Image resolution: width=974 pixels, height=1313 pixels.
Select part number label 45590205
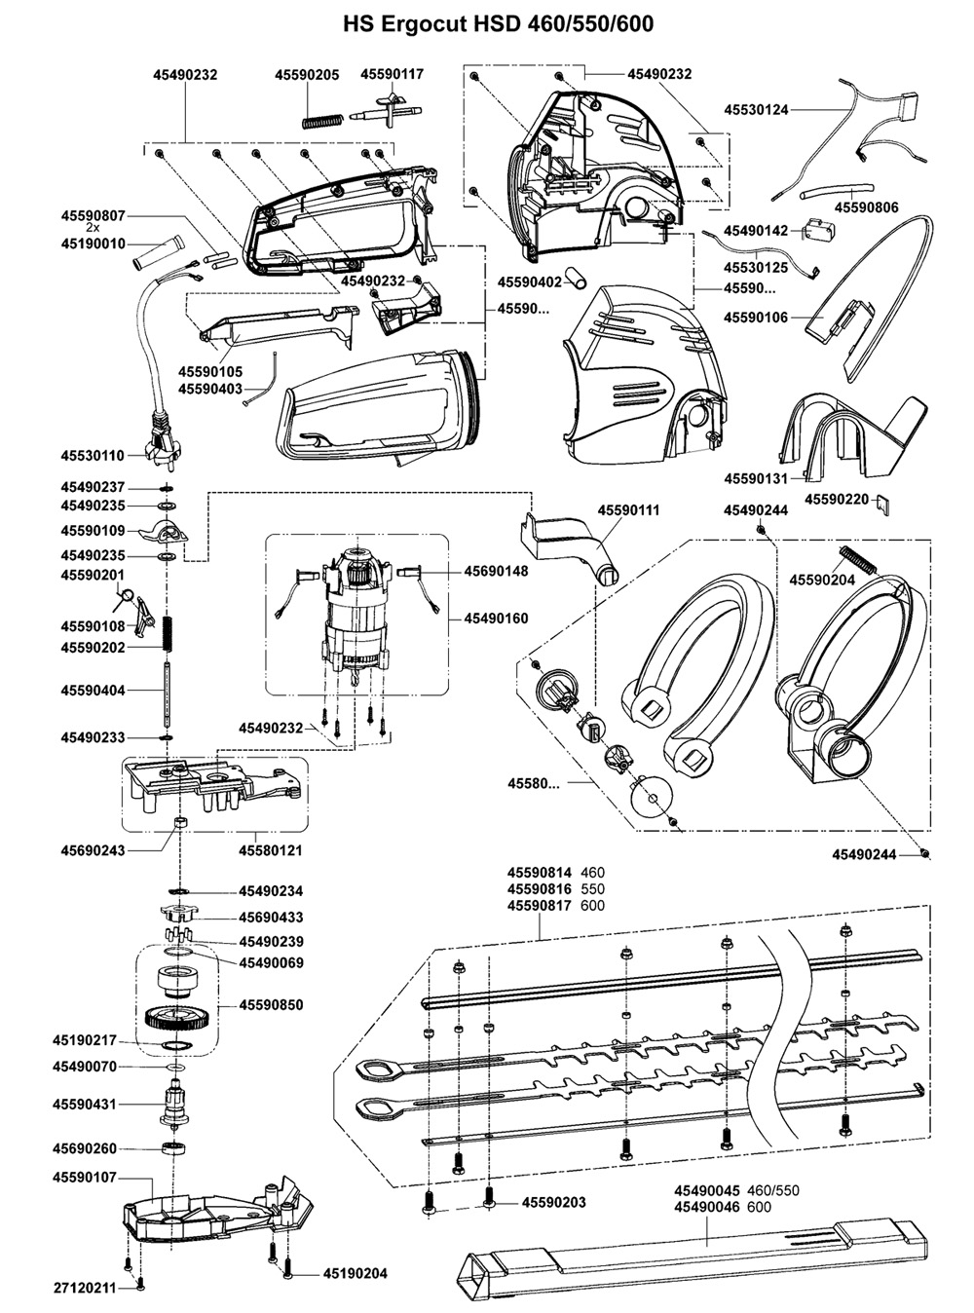pyautogui.click(x=307, y=74)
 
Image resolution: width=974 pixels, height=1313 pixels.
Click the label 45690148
pyautogui.click(x=496, y=571)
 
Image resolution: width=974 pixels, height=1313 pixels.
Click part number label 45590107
pyautogui.click(x=85, y=1178)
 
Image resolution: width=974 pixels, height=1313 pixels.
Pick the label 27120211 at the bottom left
pyautogui.click(x=85, y=1288)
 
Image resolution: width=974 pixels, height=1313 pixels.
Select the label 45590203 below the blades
pyautogui.click(x=554, y=1202)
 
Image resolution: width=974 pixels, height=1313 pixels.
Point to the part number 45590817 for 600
pyautogui.click(x=540, y=906)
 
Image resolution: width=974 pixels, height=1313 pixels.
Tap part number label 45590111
pyautogui.click(x=628, y=510)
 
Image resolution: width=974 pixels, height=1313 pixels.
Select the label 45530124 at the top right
pyautogui.click(x=756, y=110)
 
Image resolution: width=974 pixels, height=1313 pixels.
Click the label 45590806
pyautogui.click(x=866, y=206)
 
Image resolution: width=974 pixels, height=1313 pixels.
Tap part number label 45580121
pyautogui.click(x=271, y=850)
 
